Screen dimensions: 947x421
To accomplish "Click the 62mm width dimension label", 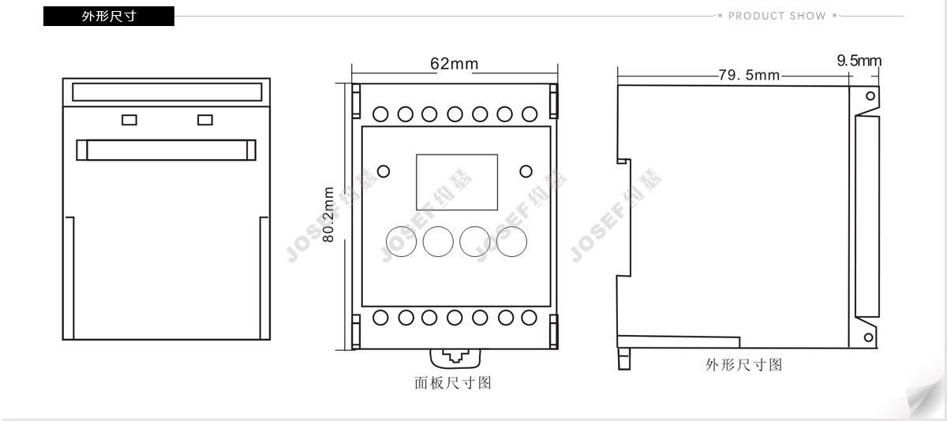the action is [455, 64].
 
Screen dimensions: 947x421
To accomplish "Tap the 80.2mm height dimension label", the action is [328, 214].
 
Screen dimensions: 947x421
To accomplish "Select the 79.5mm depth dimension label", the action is [749, 75].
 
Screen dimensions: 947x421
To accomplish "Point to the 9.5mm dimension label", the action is [859, 61].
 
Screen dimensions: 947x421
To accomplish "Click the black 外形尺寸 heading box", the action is [109, 16].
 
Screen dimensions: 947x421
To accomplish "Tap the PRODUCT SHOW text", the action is [777, 16].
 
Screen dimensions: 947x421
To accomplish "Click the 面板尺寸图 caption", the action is [453, 382].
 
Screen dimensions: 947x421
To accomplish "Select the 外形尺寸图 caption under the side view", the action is [743, 365].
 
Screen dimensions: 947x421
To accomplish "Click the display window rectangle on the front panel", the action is [457, 155].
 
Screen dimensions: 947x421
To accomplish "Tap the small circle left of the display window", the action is [384, 171].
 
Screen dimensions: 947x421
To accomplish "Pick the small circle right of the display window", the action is [526, 171].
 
